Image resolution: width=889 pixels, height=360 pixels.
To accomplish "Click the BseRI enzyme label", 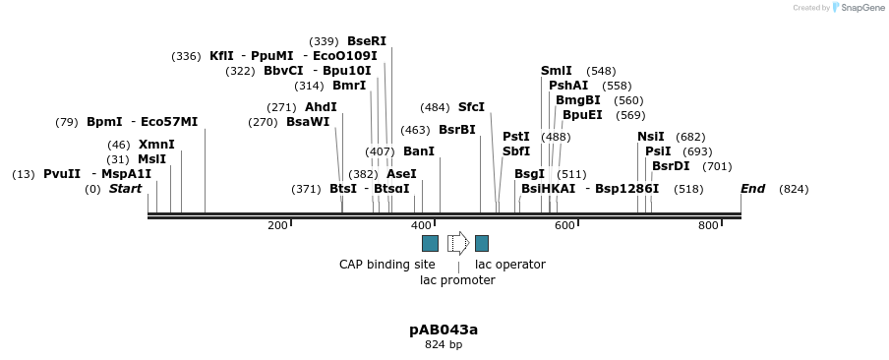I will click(x=366, y=41).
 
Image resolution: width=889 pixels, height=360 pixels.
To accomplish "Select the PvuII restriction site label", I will click(x=62, y=174).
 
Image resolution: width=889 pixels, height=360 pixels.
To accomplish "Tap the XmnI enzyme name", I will click(x=156, y=145).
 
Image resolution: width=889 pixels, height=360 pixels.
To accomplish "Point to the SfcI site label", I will click(x=471, y=107).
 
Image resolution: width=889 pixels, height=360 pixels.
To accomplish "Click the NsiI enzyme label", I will click(x=650, y=137).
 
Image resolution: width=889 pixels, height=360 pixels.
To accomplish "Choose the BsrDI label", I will click(x=671, y=166).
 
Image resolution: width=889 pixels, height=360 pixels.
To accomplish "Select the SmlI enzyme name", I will click(x=557, y=71).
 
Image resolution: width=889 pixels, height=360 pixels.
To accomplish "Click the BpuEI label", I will click(x=582, y=115).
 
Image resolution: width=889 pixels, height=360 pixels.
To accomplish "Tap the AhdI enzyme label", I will click(x=321, y=107).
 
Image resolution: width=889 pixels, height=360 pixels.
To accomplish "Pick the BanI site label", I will click(x=419, y=151).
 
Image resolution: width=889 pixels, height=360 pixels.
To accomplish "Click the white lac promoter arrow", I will click(x=457, y=243).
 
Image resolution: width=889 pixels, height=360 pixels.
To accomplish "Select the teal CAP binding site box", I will click(x=430, y=243).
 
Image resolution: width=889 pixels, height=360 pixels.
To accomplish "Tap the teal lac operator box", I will click(x=482, y=243).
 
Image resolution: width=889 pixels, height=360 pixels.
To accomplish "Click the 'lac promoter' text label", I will click(x=457, y=280).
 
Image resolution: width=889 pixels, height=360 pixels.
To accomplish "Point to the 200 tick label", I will click(x=277, y=226).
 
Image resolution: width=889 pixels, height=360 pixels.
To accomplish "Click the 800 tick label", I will click(x=708, y=226).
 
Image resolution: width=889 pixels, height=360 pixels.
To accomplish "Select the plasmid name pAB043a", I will click(x=444, y=330).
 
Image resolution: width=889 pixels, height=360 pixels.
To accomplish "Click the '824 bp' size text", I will click(x=444, y=345).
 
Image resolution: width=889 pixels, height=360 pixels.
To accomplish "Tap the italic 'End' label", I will click(x=752, y=189).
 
